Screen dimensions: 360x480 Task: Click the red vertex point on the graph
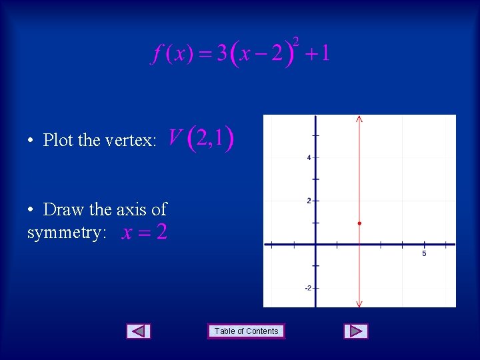359,223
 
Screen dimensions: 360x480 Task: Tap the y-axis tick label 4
309,158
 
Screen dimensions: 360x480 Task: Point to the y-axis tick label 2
309,201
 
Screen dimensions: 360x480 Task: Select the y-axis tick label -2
308,288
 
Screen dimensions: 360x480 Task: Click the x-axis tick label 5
424,253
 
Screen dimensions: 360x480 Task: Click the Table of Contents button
246,331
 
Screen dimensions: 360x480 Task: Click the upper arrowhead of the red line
359,119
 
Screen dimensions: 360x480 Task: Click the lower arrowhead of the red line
359,304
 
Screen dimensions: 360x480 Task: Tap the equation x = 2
144,233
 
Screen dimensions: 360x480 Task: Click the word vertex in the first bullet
130,141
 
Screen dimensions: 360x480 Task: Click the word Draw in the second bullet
63,209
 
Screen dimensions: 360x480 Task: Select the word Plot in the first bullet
58,141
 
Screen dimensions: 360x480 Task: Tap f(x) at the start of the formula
171,53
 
